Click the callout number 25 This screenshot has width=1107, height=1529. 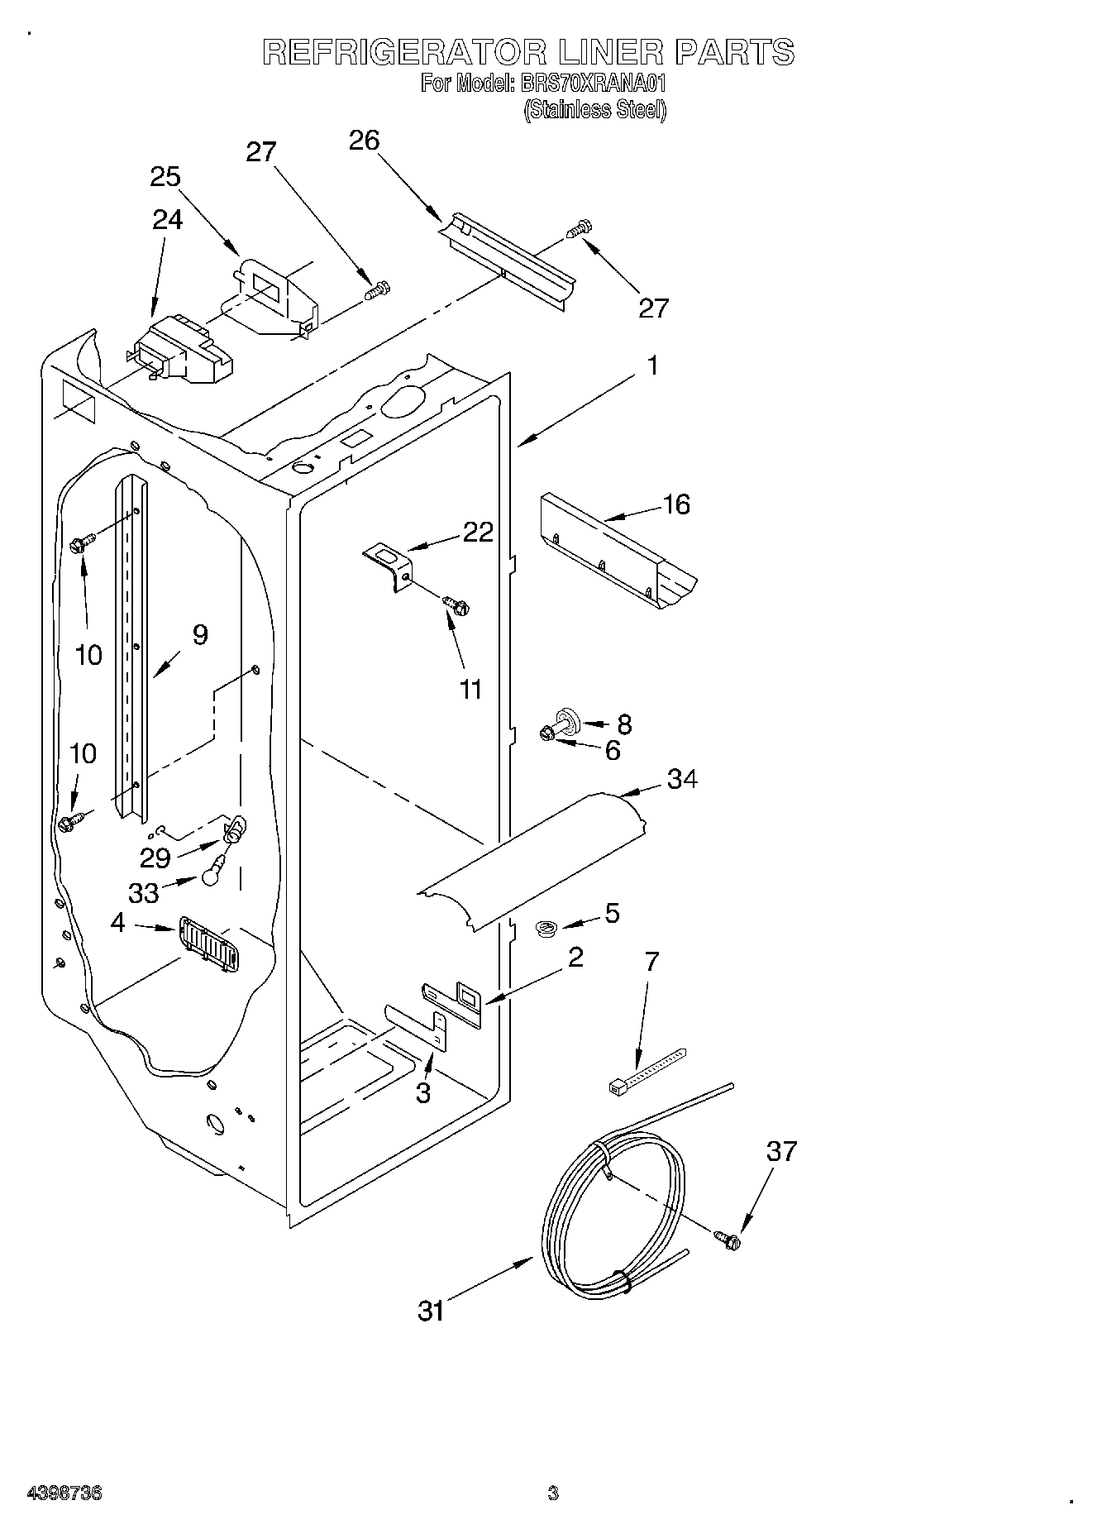pos(165,177)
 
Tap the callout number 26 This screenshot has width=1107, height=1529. pos(364,141)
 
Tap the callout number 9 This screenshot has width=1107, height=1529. pos(199,635)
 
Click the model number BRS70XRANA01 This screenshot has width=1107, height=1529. pos(592,84)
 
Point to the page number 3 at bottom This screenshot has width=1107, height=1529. pos(552,1493)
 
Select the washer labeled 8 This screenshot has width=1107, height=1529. pos(569,719)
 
